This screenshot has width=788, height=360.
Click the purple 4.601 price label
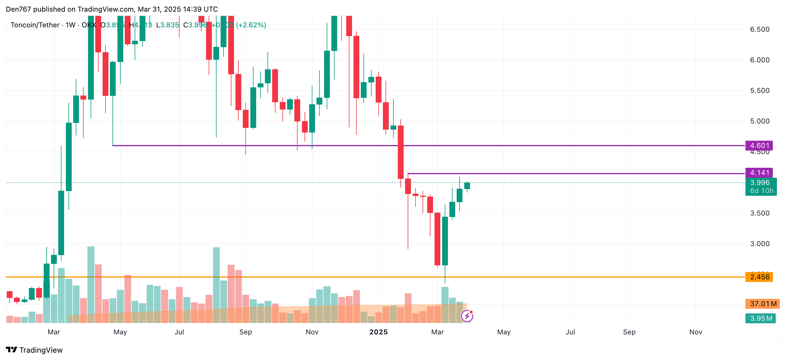pyautogui.click(x=759, y=146)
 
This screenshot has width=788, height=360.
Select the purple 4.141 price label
pyautogui.click(x=759, y=173)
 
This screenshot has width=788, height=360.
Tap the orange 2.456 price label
pyautogui.click(x=759, y=277)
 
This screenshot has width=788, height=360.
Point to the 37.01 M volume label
pyautogui.click(x=763, y=304)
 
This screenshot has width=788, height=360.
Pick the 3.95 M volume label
pyautogui.click(x=761, y=318)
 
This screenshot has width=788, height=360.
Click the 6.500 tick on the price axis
pyautogui.click(x=759, y=29)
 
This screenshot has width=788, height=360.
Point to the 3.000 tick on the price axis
pyautogui.click(x=759, y=244)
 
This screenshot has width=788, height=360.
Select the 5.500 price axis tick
pyautogui.click(x=759, y=91)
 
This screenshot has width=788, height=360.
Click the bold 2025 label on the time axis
pyautogui.click(x=378, y=332)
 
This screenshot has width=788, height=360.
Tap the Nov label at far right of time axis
pyautogui.click(x=695, y=332)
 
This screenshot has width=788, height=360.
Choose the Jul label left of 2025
pyautogui.click(x=179, y=332)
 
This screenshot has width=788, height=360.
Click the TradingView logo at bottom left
pyautogui.click(x=34, y=350)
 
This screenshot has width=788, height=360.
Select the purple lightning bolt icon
pyautogui.click(x=467, y=316)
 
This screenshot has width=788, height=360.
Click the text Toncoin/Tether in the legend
pyautogui.click(x=35, y=25)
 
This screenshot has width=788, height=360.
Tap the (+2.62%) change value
pyautogui.click(x=251, y=25)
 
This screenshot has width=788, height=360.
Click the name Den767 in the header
pyautogui.click(x=18, y=9)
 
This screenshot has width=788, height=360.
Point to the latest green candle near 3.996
pyautogui.click(x=467, y=186)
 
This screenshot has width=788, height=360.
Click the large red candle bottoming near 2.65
pyautogui.click(x=437, y=239)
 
